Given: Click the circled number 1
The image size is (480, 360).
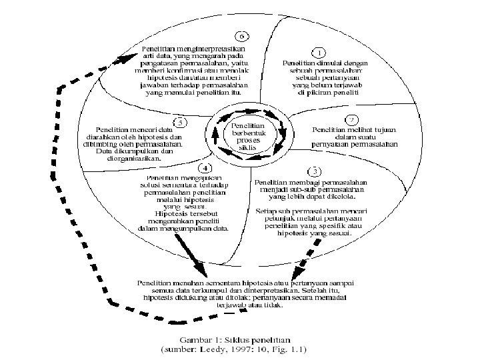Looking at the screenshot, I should point(319,52).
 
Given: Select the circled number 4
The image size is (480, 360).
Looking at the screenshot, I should point(207,167).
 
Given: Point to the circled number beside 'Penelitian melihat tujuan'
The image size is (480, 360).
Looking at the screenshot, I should point(349,119).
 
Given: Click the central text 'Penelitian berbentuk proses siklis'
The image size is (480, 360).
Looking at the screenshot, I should point(247,135).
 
